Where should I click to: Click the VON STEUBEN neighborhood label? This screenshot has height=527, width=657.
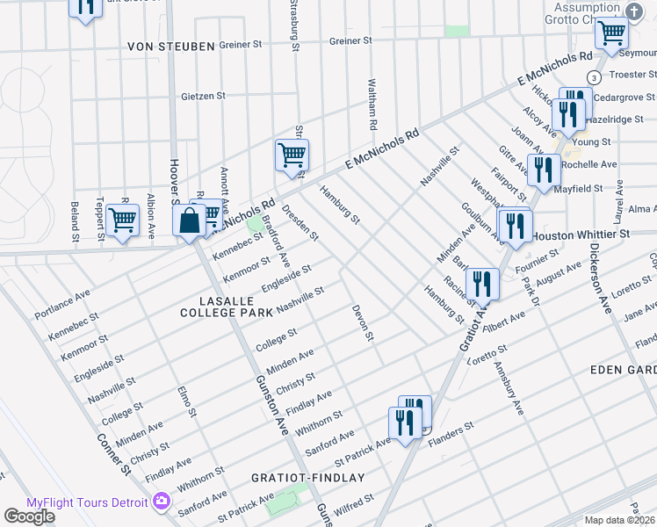coord(170,46)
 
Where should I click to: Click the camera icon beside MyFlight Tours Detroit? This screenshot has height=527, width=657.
coord(161,502)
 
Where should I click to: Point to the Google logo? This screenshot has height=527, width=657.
coord(29,516)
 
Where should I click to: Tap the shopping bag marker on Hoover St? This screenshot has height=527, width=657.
coord(190,220)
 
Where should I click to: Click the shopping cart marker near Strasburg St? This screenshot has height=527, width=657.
coord(292,155)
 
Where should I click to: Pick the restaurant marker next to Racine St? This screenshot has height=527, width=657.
coord(481,283)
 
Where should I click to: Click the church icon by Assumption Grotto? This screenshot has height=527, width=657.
coord(636,10)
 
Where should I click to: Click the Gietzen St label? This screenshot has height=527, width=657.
coord(204,96)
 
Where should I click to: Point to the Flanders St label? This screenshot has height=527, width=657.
coord(451,430)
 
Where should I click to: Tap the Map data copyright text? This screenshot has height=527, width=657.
coord(620,520)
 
